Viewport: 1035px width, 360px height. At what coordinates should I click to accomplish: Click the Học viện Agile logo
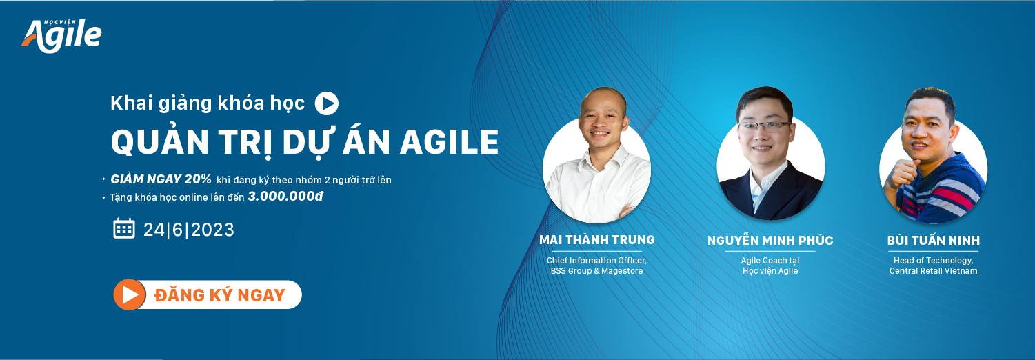[61, 36]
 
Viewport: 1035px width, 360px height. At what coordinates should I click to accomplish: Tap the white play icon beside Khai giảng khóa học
[327, 103]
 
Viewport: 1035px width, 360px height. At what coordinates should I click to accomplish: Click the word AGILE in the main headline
[449, 142]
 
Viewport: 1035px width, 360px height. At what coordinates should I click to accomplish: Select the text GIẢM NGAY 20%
[161, 179]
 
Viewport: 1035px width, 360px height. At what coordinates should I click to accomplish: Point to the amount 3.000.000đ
[285, 197]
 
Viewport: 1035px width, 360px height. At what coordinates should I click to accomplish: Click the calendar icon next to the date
[124, 228]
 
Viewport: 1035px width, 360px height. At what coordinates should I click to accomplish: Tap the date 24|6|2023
[188, 230]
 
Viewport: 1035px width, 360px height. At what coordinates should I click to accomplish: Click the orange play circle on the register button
[130, 294]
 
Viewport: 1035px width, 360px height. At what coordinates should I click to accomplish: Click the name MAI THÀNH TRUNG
[597, 240]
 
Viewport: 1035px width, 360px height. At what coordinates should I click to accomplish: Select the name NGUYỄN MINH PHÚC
[770, 240]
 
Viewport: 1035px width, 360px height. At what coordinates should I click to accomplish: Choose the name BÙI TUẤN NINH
[934, 240]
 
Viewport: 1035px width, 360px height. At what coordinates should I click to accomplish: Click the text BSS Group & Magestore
[596, 271]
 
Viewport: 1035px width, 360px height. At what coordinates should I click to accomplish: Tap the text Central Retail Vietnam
[934, 271]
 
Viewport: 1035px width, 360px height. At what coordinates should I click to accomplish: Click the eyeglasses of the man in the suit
[765, 127]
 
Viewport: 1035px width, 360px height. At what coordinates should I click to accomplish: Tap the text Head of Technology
[934, 261]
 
